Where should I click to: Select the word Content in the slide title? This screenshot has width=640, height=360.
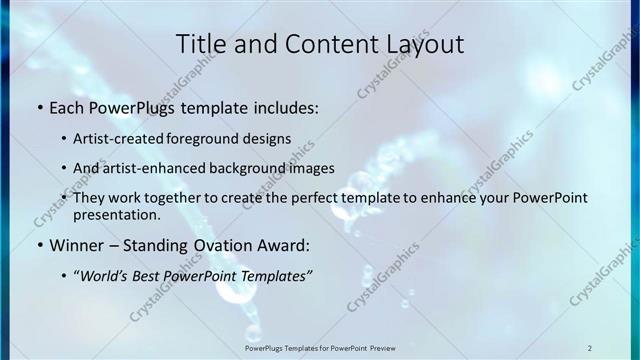coord(313,44)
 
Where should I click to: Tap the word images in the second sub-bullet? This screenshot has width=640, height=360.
coord(311,168)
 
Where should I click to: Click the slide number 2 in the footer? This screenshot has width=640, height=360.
coord(590,347)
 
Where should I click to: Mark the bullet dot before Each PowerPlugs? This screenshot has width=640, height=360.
coord(39,106)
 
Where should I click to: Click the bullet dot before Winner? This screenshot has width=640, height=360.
coord(39,245)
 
